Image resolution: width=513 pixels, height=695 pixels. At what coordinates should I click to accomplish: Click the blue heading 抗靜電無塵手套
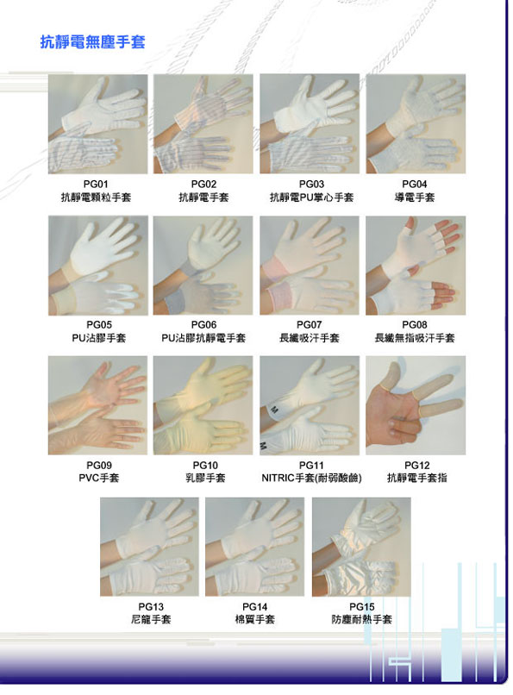click(92, 42)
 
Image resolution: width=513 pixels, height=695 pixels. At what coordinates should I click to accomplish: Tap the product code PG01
click(96, 184)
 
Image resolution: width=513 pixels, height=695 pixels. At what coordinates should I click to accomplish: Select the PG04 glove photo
click(416, 123)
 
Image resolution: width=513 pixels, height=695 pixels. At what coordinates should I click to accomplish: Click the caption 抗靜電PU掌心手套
click(311, 197)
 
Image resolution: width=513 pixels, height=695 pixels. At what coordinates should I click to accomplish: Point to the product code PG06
click(203, 325)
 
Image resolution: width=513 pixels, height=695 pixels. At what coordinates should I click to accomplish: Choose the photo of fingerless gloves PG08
click(416, 266)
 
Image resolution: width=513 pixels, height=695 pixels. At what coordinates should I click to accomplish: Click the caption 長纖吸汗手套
click(310, 338)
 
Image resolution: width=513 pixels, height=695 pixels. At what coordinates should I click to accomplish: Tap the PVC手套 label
click(99, 478)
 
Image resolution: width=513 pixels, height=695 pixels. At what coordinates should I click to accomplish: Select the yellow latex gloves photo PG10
click(203, 405)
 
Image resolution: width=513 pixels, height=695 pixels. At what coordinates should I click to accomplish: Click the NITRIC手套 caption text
click(311, 478)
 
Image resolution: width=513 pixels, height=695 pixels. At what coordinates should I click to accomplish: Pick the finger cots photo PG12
click(416, 405)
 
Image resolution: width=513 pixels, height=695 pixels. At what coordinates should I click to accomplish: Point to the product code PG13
click(151, 607)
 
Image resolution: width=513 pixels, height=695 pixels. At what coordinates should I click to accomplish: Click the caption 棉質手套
click(254, 619)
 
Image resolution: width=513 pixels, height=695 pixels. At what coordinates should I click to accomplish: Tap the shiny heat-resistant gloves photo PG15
click(361, 547)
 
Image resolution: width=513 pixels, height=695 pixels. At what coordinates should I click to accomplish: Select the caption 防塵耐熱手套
click(361, 619)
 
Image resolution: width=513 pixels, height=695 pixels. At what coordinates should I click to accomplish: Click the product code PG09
click(99, 466)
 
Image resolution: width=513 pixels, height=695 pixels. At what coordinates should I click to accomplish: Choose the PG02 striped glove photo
click(203, 123)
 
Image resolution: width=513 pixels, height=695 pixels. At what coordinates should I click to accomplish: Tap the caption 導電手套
click(415, 197)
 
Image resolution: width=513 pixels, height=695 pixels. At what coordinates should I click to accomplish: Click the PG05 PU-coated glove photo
click(98, 266)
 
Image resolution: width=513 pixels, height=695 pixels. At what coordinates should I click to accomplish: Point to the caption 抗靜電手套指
click(417, 478)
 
